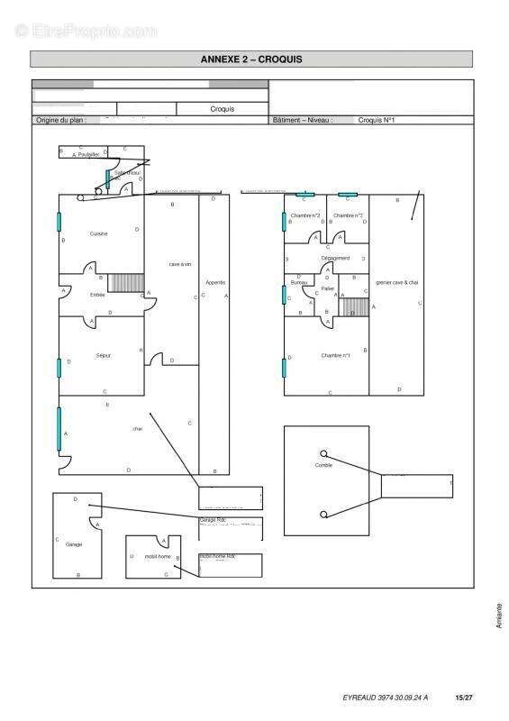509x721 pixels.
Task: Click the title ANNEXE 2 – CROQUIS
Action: pos(252,59)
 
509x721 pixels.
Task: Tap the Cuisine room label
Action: pos(98,233)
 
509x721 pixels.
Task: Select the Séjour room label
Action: pos(103,356)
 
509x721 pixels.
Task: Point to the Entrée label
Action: pos(97,295)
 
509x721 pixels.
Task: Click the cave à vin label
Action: pos(180,264)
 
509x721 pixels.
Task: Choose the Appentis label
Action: pos(214,282)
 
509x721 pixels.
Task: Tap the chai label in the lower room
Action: pos(138,429)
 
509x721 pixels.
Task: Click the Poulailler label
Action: pos(89,155)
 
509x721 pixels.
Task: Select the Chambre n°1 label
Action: pos(335,355)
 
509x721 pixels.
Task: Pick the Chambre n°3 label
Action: pos(305,216)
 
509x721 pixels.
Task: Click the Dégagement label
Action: pos(335,259)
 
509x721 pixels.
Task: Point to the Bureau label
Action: pos(300,283)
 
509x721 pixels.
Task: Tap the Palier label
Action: pos(328,288)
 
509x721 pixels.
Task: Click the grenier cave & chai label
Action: pos(397,283)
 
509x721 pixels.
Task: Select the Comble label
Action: pos(323,465)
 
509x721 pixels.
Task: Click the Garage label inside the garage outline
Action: pos(74,544)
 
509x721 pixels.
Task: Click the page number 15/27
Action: pos(464,697)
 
